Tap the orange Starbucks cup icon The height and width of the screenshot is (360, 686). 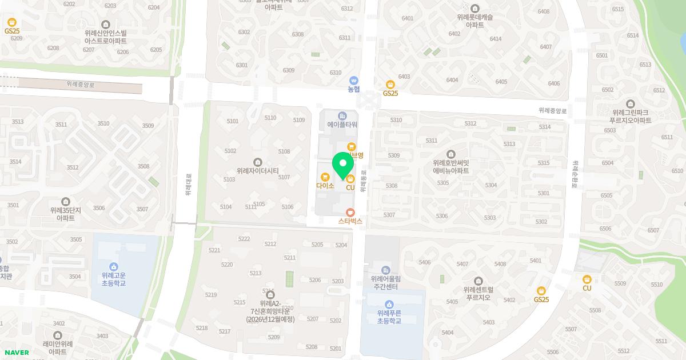350,212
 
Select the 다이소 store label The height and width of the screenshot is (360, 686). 325,186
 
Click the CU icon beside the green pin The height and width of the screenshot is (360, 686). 350,179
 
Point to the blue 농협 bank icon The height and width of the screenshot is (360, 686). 354,81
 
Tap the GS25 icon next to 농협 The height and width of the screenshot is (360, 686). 390,85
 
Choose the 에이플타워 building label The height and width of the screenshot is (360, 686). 342,124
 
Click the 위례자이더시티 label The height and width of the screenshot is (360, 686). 257,170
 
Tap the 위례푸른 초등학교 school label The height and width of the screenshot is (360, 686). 389,317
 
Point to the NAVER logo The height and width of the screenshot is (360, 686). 17,353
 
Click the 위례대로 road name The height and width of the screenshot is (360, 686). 188,185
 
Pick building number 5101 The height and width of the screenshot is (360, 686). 233,121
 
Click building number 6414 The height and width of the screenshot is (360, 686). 495,39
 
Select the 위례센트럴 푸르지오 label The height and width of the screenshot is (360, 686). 478,294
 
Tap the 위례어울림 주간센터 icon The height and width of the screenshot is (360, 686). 386,270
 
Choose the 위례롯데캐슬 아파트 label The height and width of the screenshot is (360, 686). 475,21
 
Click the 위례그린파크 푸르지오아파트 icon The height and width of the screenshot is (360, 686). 631,104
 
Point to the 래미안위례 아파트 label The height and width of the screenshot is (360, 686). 58,347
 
